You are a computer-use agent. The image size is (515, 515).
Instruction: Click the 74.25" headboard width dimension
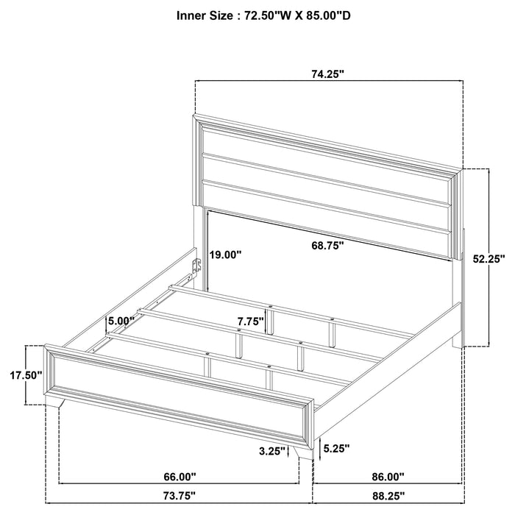[x=327, y=74]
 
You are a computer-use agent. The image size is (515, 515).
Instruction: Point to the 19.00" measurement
[x=224, y=255]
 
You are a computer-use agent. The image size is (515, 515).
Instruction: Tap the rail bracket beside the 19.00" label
[x=196, y=266]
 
